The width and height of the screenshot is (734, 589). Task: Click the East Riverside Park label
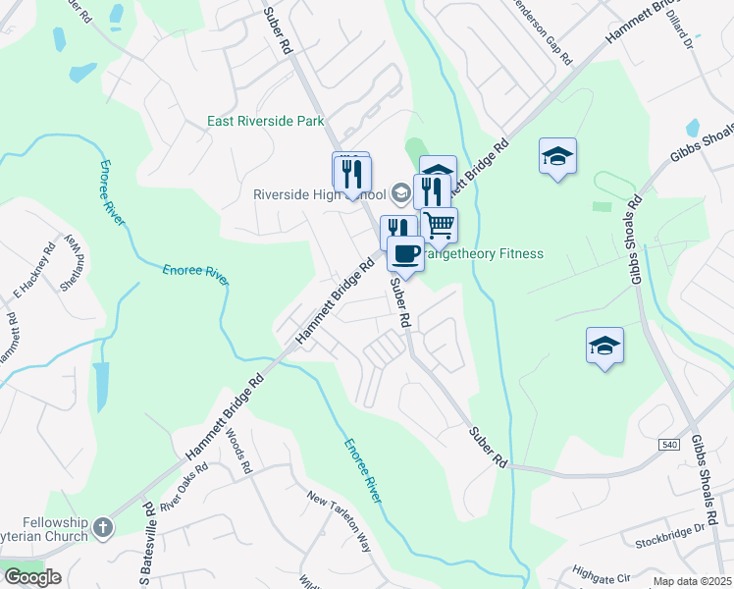coord(266,122)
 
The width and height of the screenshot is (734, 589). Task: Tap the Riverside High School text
coord(320,193)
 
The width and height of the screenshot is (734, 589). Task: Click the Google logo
coord(32,577)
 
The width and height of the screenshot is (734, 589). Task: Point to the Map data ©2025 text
coord(692,581)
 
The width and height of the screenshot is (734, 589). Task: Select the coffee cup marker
coord(405,254)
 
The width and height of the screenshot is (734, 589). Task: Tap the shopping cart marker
coord(440,225)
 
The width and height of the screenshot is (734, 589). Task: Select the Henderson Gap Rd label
coord(542,31)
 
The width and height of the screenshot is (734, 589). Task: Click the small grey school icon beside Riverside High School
coord(399,191)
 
